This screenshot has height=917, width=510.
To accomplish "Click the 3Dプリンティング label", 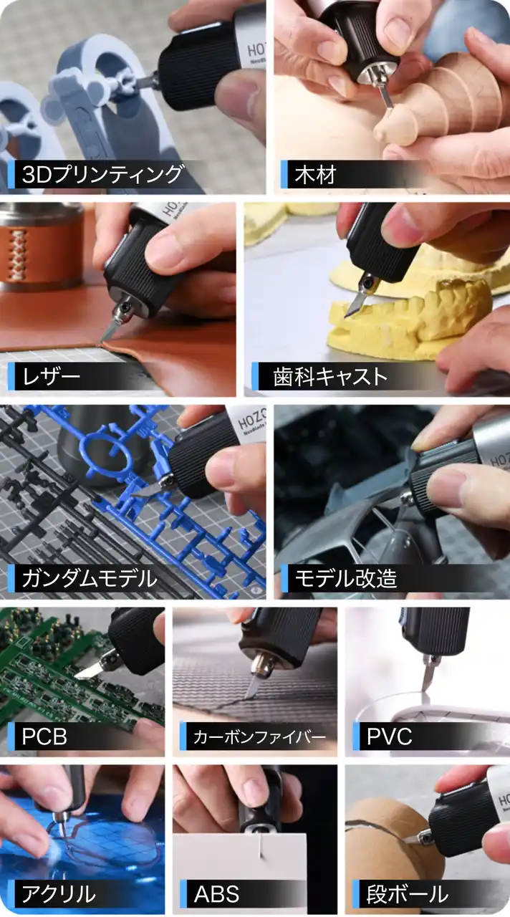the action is [x=102, y=174].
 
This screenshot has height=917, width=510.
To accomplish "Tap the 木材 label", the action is [x=316, y=174].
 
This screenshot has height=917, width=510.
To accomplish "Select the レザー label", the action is [x=51, y=376].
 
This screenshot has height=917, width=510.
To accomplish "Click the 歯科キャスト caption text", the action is [x=330, y=376].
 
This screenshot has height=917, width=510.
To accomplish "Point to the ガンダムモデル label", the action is [x=90, y=578].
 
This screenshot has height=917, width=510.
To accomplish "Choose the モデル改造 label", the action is [x=346, y=578].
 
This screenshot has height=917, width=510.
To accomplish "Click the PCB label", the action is [x=44, y=736].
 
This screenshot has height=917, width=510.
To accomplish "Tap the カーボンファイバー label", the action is [x=259, y=737].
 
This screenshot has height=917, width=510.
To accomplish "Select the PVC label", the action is [x=389, y=736].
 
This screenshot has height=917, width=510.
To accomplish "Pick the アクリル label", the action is [x=59, y=893].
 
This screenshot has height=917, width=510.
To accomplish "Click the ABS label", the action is [x=216, y=893].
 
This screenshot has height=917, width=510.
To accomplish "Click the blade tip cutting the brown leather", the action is [x=102, y=340].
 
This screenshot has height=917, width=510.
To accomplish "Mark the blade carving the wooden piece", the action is [x=387, y=98].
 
